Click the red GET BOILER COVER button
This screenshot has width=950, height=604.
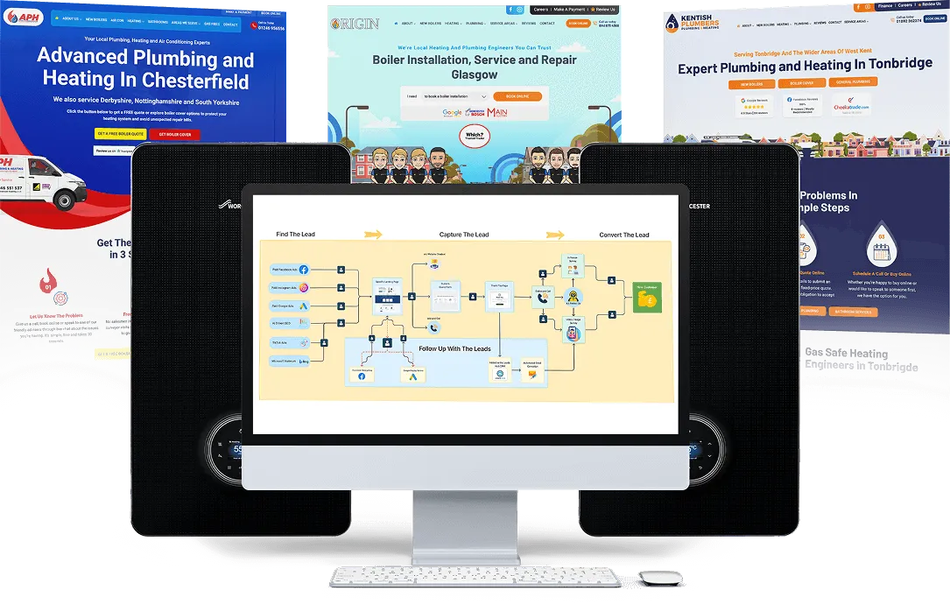point(175,134)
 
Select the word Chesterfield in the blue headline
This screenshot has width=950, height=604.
point(194,81)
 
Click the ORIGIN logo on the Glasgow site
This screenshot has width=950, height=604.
point(355,24)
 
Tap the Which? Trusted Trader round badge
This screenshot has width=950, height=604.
point(475,137)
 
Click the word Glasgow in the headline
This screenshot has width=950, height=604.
point(475,75)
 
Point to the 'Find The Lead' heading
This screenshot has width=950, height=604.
point(295,235)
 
